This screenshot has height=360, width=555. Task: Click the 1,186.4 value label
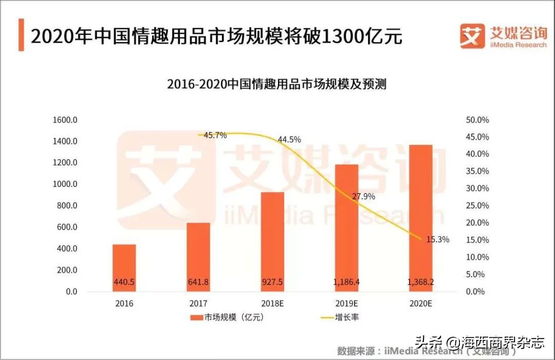tap(346, 281)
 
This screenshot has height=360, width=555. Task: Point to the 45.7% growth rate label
tap(215, 136)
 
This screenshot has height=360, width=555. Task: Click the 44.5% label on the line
tap(289, 140)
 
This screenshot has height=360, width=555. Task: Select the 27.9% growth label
tap(363, 196)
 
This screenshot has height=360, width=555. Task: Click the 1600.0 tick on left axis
tap(65, 120)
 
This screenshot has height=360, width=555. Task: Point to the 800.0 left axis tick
tap(67, 206)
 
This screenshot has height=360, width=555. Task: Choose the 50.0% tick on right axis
tap(477, 120)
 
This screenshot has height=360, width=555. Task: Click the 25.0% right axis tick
tap(477, 206)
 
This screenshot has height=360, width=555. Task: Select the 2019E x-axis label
tap(346, 304)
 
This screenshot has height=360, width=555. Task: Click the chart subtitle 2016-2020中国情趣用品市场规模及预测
tap(276, 84)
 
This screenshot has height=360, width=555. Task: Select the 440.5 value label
tap(124, 281)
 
